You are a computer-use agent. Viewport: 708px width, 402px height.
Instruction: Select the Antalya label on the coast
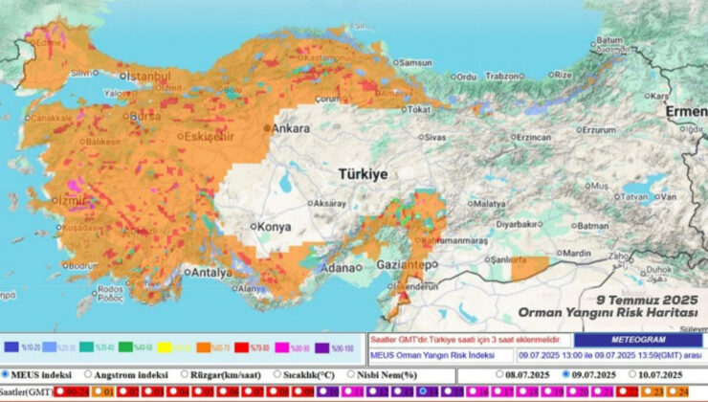point(211,272)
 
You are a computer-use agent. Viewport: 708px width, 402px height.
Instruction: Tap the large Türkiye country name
point(362,174)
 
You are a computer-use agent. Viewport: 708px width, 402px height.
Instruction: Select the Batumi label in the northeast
point(608,41)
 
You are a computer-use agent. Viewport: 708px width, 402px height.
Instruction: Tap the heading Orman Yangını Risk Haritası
point(608,312)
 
